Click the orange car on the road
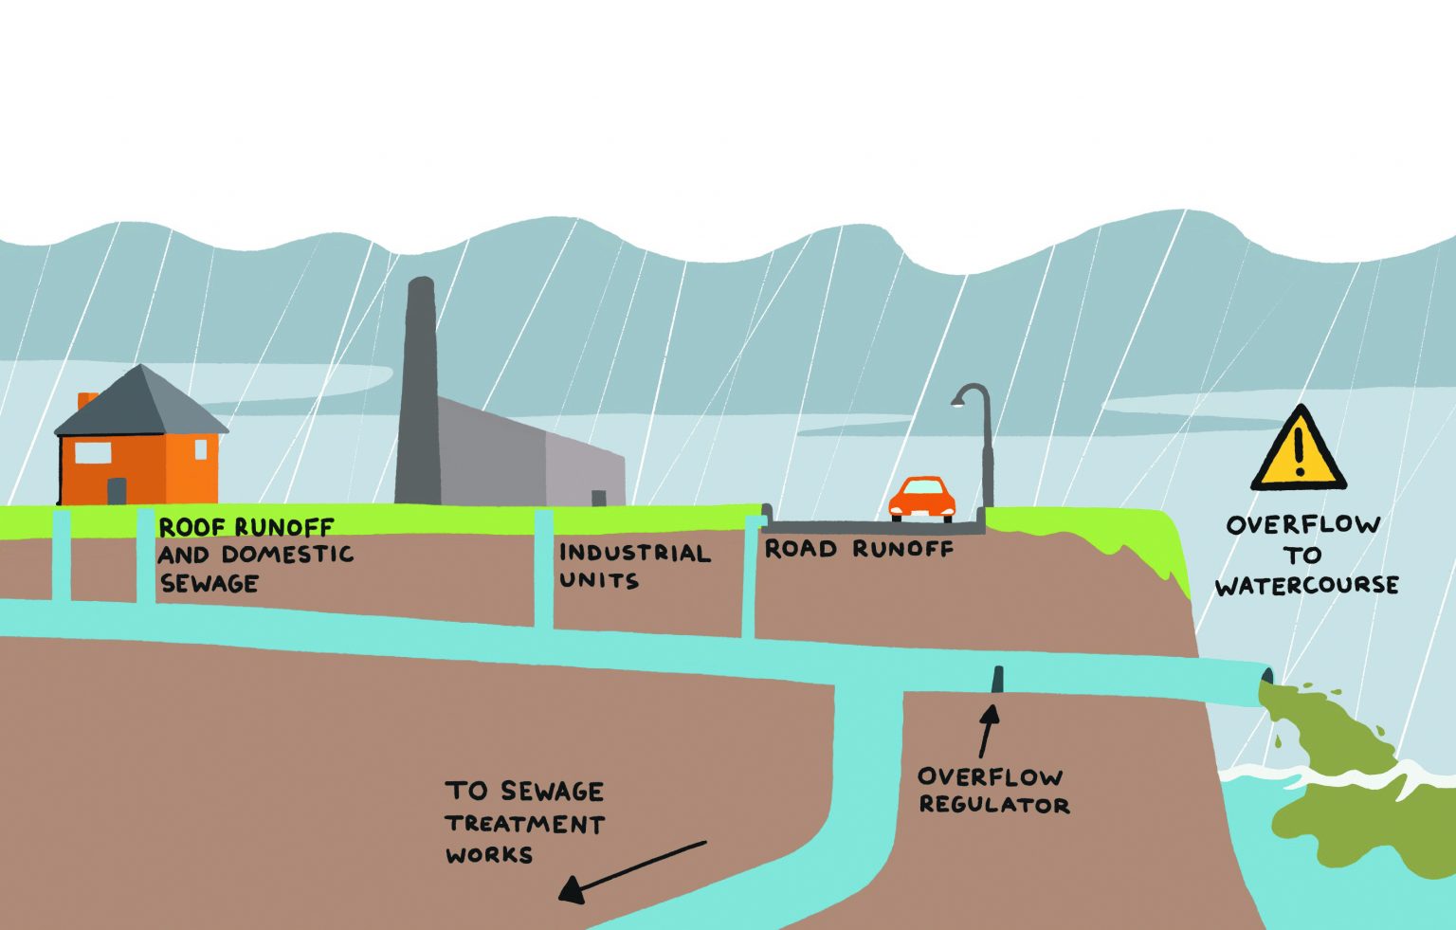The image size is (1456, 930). tap(921, 499)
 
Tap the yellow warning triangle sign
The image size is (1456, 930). tap(1298, 451)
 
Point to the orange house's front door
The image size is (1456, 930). tap(117, 491)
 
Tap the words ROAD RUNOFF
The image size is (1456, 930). tap(858, 549)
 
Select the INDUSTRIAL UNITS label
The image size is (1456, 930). tap(633, 566)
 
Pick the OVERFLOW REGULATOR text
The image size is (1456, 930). tap(992, 791)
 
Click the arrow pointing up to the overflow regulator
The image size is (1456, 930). tap(989, 730)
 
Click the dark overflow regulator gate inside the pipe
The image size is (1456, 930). tap(997, 680)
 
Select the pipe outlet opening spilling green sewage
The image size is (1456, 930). tap(1265, 681)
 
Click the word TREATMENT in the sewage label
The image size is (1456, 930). tap(524, 824)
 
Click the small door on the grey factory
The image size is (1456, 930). tap(598, 499)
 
